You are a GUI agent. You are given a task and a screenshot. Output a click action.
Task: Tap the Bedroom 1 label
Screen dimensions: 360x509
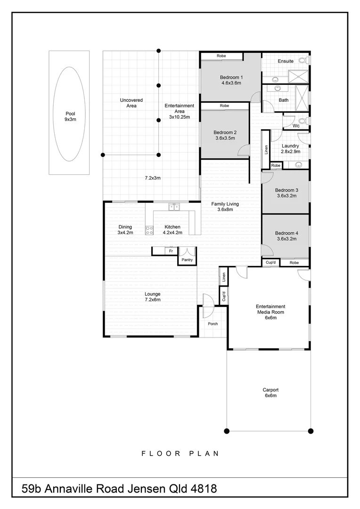point(231,77)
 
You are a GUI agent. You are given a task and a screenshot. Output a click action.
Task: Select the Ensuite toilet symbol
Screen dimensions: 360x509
point(304,60)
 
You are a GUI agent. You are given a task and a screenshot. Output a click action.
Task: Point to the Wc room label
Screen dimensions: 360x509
point(296,126)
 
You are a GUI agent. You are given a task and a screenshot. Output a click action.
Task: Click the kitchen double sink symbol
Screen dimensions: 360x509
point(174,206)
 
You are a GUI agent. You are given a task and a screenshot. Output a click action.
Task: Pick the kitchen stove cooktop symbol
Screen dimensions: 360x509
point(149,230)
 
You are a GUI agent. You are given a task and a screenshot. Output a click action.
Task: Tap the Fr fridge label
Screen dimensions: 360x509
point(171,251)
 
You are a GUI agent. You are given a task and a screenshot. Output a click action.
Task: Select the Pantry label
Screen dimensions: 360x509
point(187,260)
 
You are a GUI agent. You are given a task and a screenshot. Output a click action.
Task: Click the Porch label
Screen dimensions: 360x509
point(213,324)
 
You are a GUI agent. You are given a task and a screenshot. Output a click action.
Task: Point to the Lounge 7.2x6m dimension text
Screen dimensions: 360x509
point(153,300)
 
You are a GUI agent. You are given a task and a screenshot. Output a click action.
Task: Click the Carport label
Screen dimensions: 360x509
point(270,390)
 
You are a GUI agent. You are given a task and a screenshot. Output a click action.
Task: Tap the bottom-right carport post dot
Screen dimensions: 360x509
point(311,431)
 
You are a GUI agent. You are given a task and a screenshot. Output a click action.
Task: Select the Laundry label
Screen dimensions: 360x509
point(290,146)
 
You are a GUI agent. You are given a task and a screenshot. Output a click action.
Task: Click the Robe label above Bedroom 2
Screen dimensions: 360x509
point(224,106)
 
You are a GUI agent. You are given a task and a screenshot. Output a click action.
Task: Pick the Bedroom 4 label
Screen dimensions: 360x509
point(286,233)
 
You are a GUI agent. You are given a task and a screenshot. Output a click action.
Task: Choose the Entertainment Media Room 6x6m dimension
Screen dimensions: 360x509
point(270,318)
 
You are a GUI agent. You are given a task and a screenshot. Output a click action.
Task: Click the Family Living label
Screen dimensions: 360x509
point(225,204)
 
